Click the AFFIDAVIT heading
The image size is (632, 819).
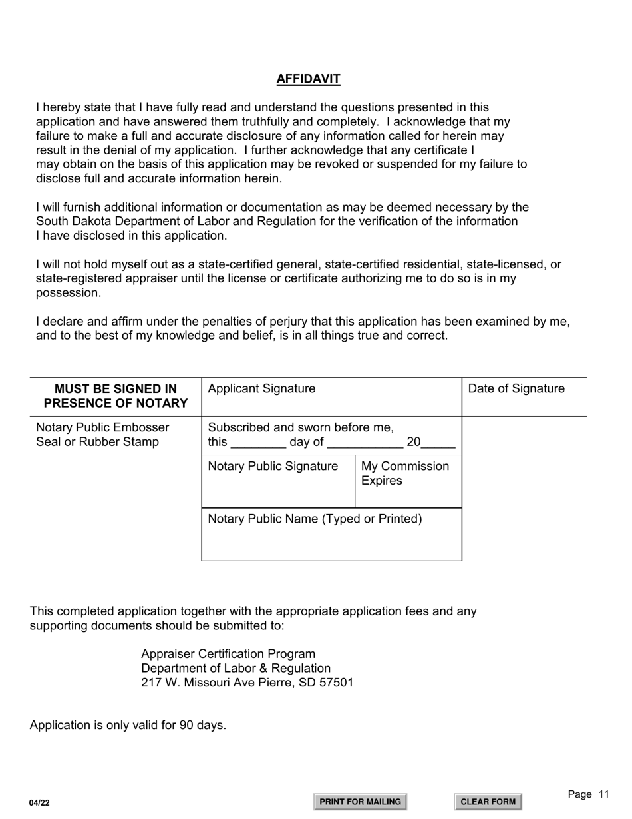[x=308, y=79]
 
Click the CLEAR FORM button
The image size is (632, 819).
[x=488, y=802]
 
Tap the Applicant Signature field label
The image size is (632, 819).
[x=261, y=389]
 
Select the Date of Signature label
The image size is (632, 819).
[x=516, y=389]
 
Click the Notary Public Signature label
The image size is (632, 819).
[x=273, y=467]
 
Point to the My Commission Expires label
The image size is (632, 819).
[x=404, y=473]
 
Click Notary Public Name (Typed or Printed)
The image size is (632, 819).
[x=315, y=519]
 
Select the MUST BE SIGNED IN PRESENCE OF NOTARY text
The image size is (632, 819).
[x=116, y=396]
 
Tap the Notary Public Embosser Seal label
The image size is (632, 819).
[x=102, y=435]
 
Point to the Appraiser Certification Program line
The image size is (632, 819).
[x=228, y=654]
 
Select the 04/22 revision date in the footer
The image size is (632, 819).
[x=39, y=803]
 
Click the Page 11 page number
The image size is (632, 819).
[x=588, y=794]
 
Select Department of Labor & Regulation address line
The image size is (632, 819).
[x=236, y=668]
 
